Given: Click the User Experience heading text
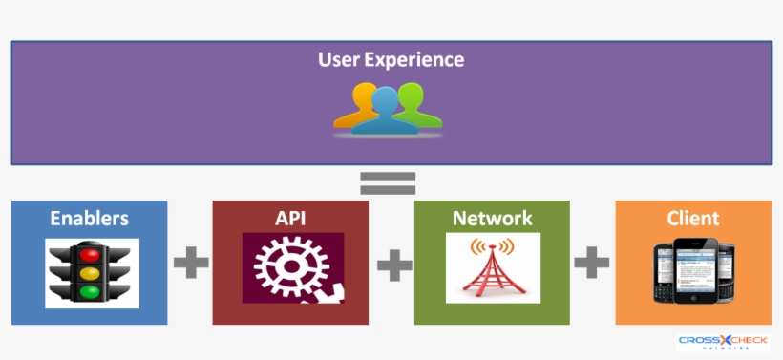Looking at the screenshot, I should pyautogui.click(x=391, y=59).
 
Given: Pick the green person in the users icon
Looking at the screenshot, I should pyautogui.click(x=414, y=104).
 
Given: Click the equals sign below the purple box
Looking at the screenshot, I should pyautogui.click(x=388, y=182).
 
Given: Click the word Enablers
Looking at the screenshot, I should pyautogui.click(x=89, y=218).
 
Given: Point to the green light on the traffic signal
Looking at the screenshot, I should pyautogui.click(x=90, y=291).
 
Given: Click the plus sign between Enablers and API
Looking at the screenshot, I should pyautogui.click(x=191, y=262).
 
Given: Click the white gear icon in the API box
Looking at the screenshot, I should pyautogui.click(x=286, y=267).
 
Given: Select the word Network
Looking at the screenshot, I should pyautogui.click(x=492, y=218).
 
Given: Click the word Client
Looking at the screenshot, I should pyautogui.click(x=693, y=218).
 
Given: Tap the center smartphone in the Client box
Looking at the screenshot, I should pyautogui.click(x=695, y=270).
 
